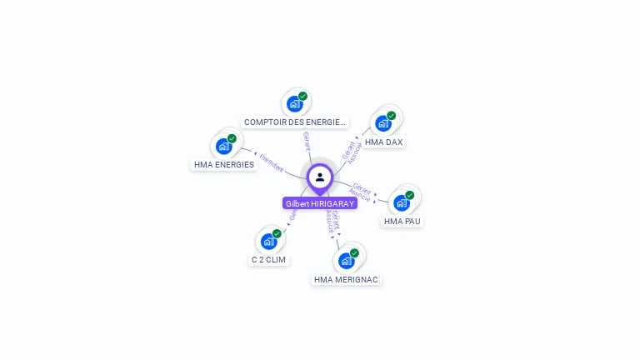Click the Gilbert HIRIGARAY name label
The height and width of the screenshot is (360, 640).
pos(320,203)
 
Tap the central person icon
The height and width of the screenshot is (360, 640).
pos(320,177)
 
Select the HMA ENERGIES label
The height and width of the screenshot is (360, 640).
pos(224,165)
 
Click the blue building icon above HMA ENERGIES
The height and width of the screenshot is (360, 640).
pos(223,147)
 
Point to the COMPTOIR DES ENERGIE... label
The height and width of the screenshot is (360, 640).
pos(295,122)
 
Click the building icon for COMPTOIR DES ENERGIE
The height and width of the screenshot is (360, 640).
pos(294,104)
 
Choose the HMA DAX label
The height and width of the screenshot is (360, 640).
pos(383,142)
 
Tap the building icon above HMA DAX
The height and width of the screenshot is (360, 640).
pos(383,124)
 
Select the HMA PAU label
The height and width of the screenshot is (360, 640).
pos(402,222)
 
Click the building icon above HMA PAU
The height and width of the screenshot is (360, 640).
pos(402,203)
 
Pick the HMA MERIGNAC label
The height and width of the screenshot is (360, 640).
pos(347,280)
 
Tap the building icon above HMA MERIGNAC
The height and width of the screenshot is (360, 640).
pos(347,261)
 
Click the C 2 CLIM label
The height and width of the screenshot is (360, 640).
pos(268,260)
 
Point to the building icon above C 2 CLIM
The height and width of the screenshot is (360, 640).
pos(268,242)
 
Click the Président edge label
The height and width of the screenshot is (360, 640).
pos(272,159)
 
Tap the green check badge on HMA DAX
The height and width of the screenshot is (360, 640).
pos(392,116)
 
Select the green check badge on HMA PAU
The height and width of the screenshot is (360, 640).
pos(410,195)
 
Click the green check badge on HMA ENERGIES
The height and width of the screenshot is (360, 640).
pos(232,138)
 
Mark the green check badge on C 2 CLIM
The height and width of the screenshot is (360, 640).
pos(277,233)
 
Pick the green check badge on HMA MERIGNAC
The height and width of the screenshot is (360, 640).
pos(355,252)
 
